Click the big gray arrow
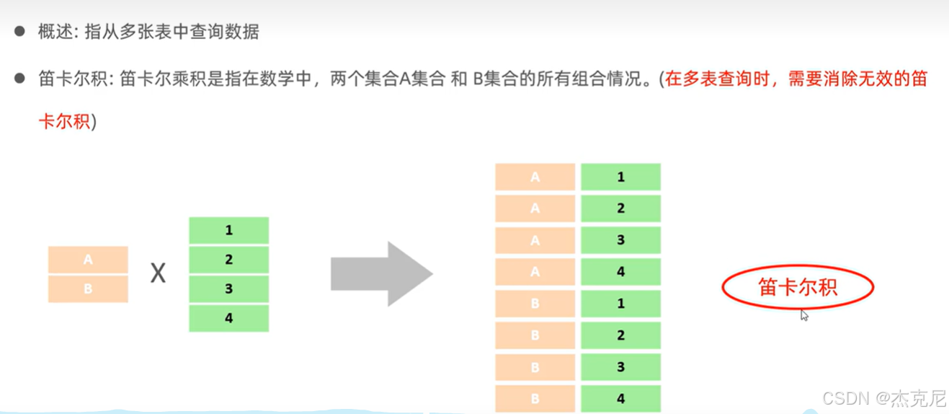click(380, 274)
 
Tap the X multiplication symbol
click(158, 273)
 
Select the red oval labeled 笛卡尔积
click(798, 288)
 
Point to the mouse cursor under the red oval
click(804, 314)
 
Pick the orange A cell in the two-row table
click(88, 260)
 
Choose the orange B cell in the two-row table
click(88, 289)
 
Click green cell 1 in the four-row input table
click(228, 231)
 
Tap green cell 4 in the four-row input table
click(228, 318)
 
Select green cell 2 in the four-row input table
click(228, 260)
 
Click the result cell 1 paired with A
click(620, 177)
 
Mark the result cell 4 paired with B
click(620, 399)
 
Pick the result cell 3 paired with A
click(620, 240)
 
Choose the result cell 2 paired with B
click(620, 335)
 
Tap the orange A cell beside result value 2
click(535, 208)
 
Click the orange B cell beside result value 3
click(535, 367)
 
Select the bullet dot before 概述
click(20, 32)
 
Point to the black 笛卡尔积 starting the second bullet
click(71, 79)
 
